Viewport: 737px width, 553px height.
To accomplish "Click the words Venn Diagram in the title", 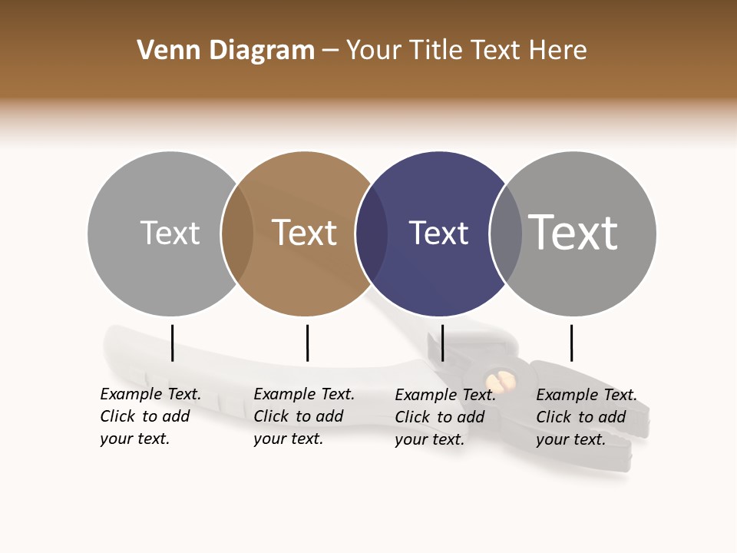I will pyautogui.click(x=226, y=51).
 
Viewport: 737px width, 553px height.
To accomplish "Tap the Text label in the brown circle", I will pyautogui.click(x=305, y=233).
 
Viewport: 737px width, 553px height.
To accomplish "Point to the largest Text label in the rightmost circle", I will pyautogui.click(x=573, y=232).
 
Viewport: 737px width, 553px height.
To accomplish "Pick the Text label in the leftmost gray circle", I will pyautogui.click(x=170, y=233).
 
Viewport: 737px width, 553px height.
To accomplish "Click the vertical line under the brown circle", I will pyautogui.click(x=307, y=343).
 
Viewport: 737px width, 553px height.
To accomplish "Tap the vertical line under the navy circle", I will pyautogui.click(x=442, y=343).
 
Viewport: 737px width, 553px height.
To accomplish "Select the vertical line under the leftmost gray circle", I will pyautogui.click(x=172, y=343).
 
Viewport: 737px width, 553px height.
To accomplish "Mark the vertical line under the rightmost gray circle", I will pyautogui.click(x=571, y=343).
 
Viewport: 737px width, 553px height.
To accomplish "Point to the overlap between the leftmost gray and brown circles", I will pyautogui.click(x=237, y=233).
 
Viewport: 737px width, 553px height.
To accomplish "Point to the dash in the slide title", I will pyautogui.click(x=330, y=51).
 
